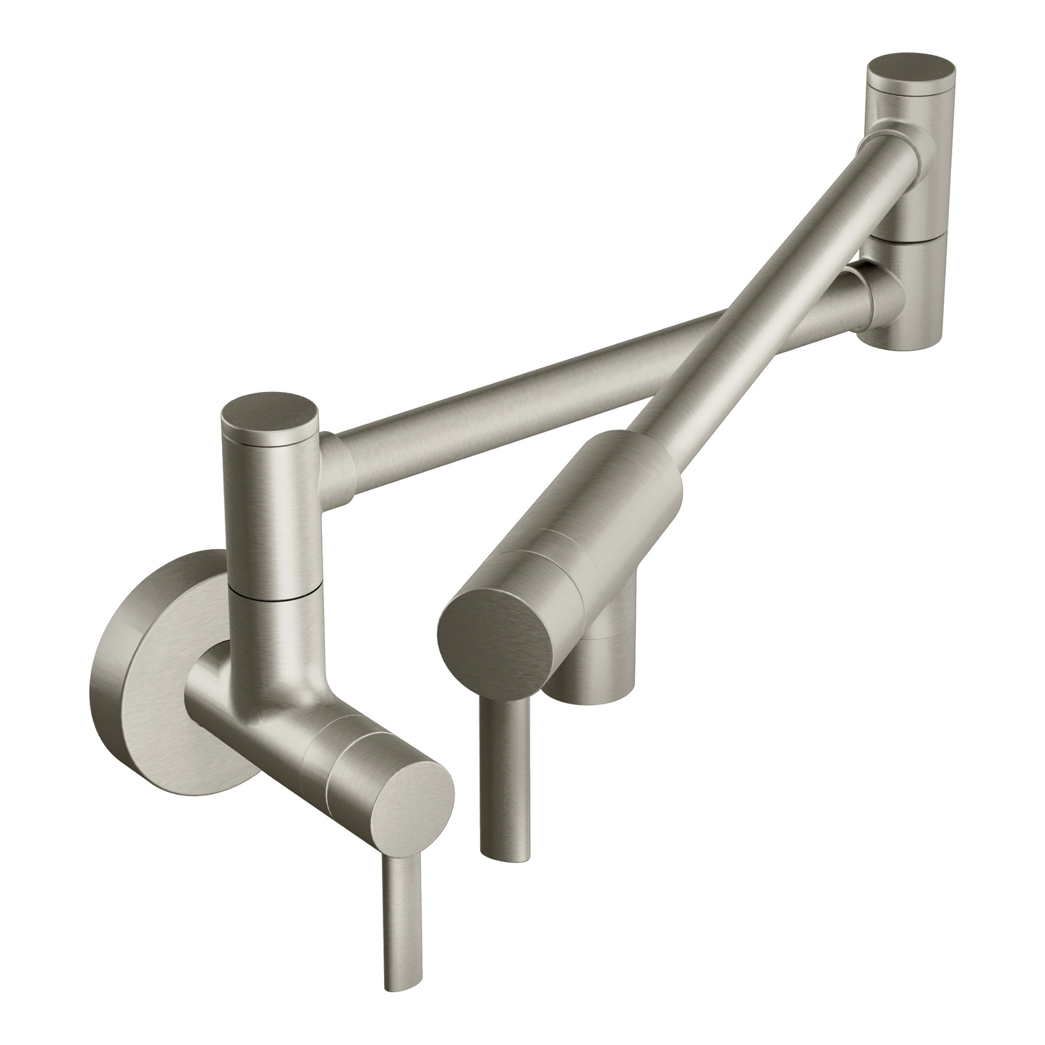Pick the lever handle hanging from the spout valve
click(506, 774)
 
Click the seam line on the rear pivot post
click(908, 235)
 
